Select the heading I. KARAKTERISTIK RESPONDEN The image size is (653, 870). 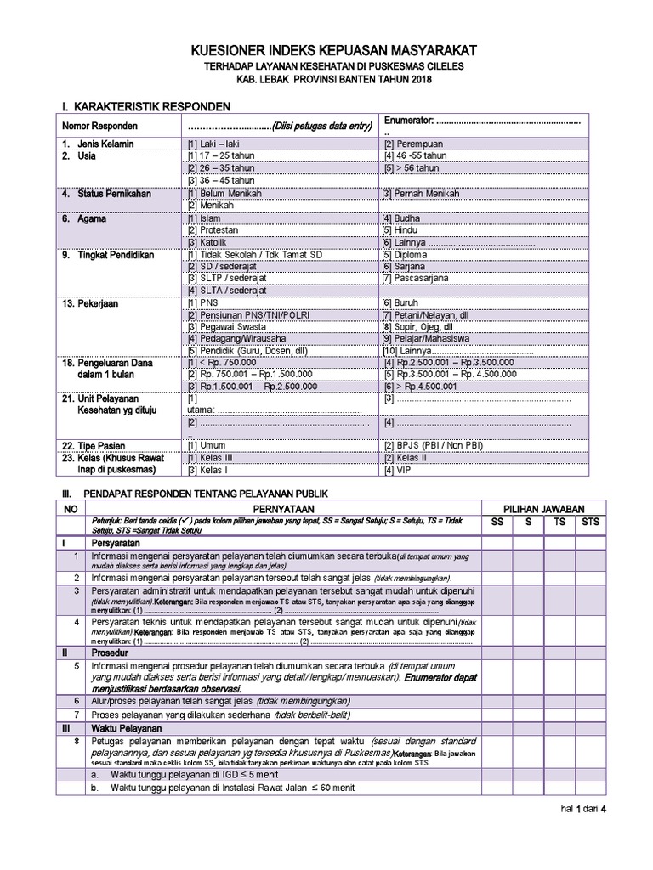click(145, 107)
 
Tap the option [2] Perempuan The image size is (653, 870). click(415, 144)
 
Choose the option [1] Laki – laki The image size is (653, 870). click(214, 144)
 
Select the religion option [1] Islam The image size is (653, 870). click(207, 218)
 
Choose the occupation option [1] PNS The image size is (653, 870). click(204, 302)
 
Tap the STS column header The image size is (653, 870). click(589, 523)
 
